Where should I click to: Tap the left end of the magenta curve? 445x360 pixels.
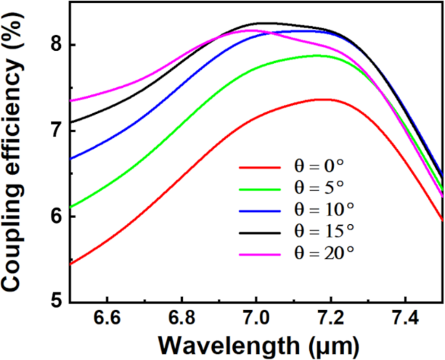[x=70, y=101]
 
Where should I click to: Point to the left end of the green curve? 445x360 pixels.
[x=70, y=208]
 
